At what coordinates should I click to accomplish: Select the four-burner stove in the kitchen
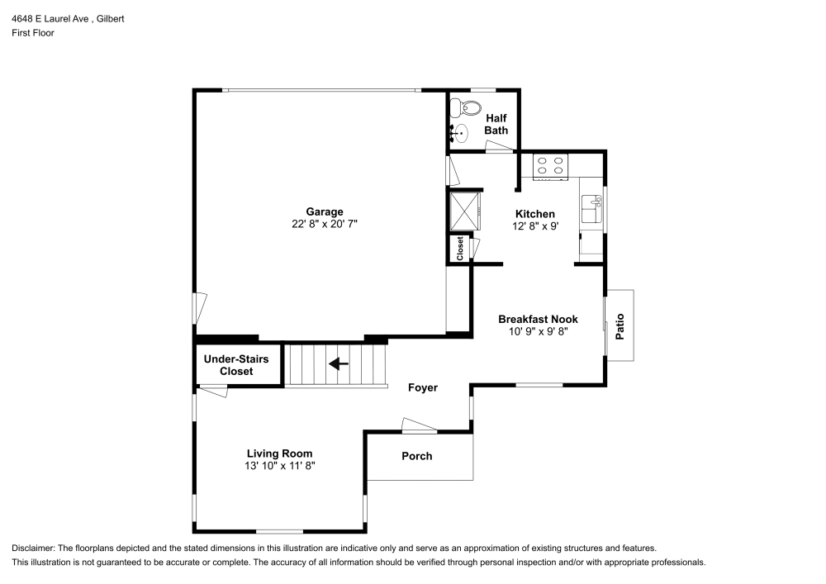tap(550, 167)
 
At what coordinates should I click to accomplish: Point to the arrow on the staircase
tap(339, 363)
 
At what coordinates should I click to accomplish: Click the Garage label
tap(324, 211)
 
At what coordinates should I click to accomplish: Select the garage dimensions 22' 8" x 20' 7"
tap(324, 224)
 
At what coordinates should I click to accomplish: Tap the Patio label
tap(620, 325)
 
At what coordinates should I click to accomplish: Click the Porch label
tap(416, 456)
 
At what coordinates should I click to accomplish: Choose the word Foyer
tap(423, 387)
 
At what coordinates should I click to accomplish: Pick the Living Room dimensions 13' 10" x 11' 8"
tap(279, 466)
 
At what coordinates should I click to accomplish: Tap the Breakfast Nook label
tap(538, 319)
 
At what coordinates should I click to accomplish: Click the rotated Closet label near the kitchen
tap(460, 249)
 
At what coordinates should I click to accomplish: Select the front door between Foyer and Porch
tap(420, 427)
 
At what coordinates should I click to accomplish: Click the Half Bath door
tap(499, 148)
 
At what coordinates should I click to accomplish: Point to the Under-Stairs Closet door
tap(213, 392)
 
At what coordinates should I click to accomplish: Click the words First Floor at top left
tap(33, 33)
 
